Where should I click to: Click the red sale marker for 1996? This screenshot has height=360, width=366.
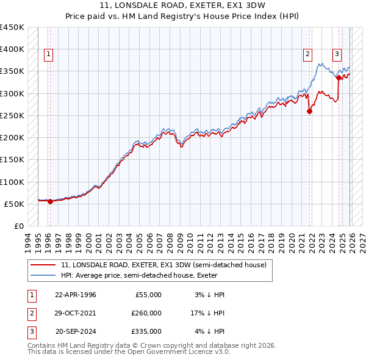point(50,202)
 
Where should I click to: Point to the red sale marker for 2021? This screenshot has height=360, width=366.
point(309,111)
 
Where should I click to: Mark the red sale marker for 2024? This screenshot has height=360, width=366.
point(339,78)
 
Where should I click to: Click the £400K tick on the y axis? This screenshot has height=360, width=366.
point(12,49)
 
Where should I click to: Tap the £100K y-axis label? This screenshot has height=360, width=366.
point(12,182)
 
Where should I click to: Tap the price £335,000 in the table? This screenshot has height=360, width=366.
point(146,331)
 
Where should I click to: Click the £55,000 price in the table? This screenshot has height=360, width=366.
point(148,295)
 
